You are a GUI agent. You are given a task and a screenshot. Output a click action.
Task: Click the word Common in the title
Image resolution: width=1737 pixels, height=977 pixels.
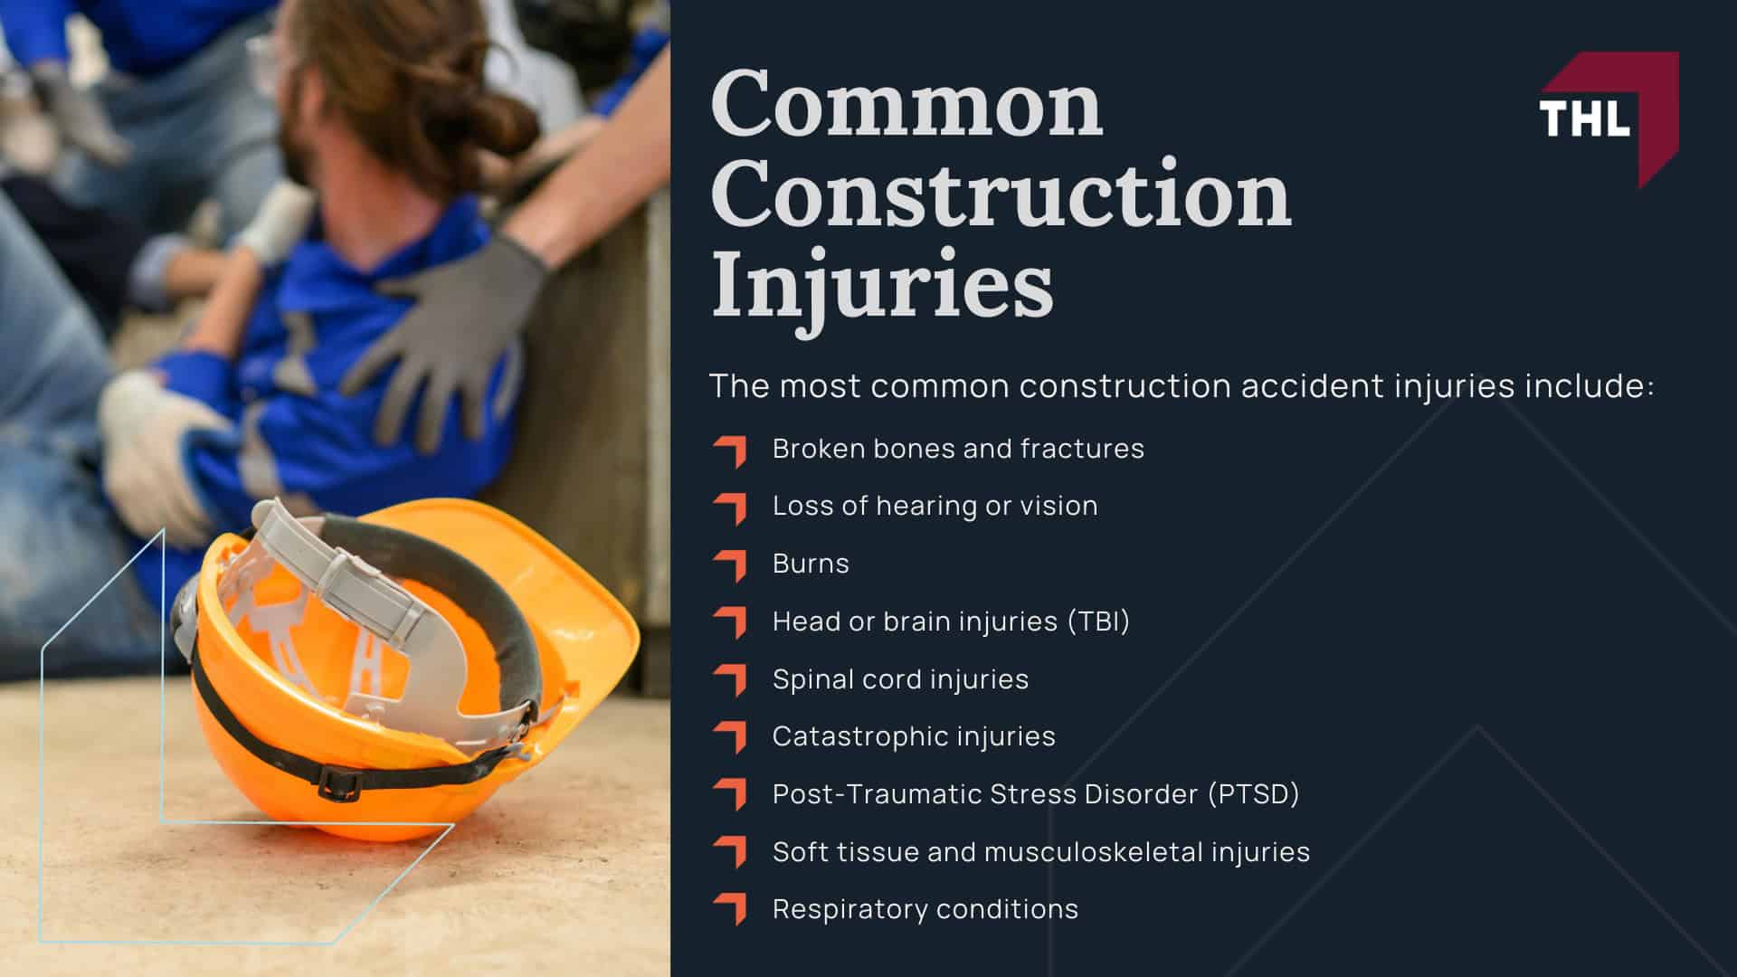pyautogui.click(x=906, y=107)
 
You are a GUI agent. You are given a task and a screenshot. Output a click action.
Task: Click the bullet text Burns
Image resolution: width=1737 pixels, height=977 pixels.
pyautogui.click(x=811, y=564)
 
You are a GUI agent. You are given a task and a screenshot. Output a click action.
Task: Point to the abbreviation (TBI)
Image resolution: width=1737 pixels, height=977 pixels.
pyautogui.click(x=1098, y=621)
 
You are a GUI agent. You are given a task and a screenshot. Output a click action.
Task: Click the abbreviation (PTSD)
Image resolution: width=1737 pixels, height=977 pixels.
pyautogui.click(x=1254, y=794)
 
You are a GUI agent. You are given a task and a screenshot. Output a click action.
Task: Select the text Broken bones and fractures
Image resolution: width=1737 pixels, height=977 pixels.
pyautogui.click(x=958, y=449)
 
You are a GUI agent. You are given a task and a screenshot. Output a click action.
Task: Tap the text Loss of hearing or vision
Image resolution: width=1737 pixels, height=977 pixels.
pyautogui.click(x=935, y=506)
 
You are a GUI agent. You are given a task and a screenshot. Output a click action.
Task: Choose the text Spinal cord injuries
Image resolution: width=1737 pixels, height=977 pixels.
pyautogui.click(x=900, y=679)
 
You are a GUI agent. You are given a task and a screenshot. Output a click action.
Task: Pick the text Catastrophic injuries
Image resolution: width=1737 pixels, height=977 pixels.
pyautogui.click(x=914, y=736)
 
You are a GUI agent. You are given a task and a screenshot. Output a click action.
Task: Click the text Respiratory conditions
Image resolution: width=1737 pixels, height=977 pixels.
pyautogui.click(x=925, y=909)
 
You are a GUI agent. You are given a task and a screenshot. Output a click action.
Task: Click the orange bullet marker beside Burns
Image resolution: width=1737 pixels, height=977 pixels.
pyautogui.click(x=731, y=565)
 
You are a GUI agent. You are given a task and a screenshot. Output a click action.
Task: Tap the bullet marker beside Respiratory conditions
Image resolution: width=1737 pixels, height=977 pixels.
pyautogui.click(x=731, y=910)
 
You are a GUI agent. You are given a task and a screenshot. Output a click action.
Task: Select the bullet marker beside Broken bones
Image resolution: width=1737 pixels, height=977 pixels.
pyautogui.click(x=731, y=451)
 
